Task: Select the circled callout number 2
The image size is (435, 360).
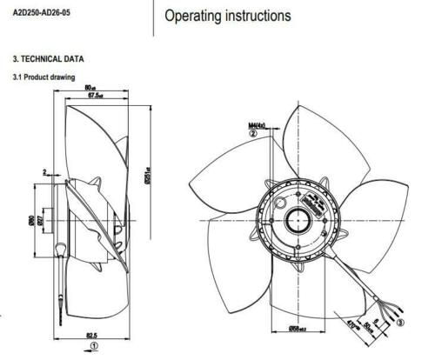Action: [253, 135]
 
